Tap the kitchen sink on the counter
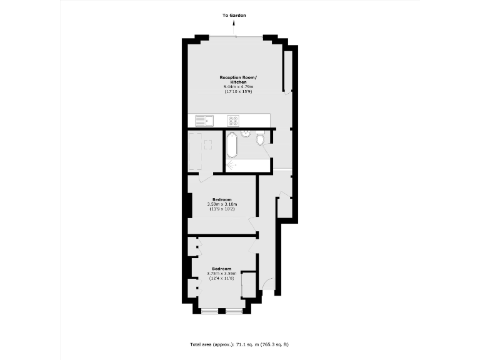coord(206,120)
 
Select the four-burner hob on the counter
coord(233,120)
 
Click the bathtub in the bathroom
coord(231,145)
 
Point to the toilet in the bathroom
coord(260,139)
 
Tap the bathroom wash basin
coord(246,133)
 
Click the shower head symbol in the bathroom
coord(231,165)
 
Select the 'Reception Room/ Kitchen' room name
coord(237,79)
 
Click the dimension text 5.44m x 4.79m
coord(237,87)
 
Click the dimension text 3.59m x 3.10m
coord(222,204)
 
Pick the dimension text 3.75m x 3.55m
coord(222,273)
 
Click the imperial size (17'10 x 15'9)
coord(237,92)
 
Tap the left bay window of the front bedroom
coord(209,311)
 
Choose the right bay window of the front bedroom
coord(234,311)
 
